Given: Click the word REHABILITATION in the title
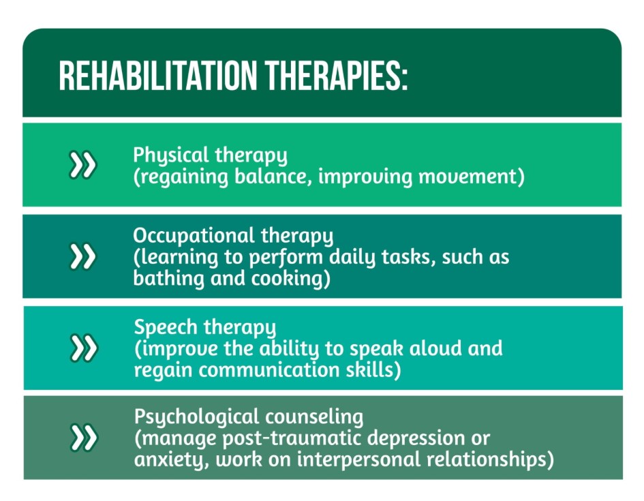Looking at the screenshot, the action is [157, 76].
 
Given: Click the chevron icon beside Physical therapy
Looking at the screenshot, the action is [82, 165].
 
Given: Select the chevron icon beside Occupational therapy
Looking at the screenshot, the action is [82, 256].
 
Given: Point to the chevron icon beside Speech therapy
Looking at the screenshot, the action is [83, 348].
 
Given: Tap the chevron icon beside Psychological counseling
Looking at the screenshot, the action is [83, 438].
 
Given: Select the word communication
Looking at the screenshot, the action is [269, 369].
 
